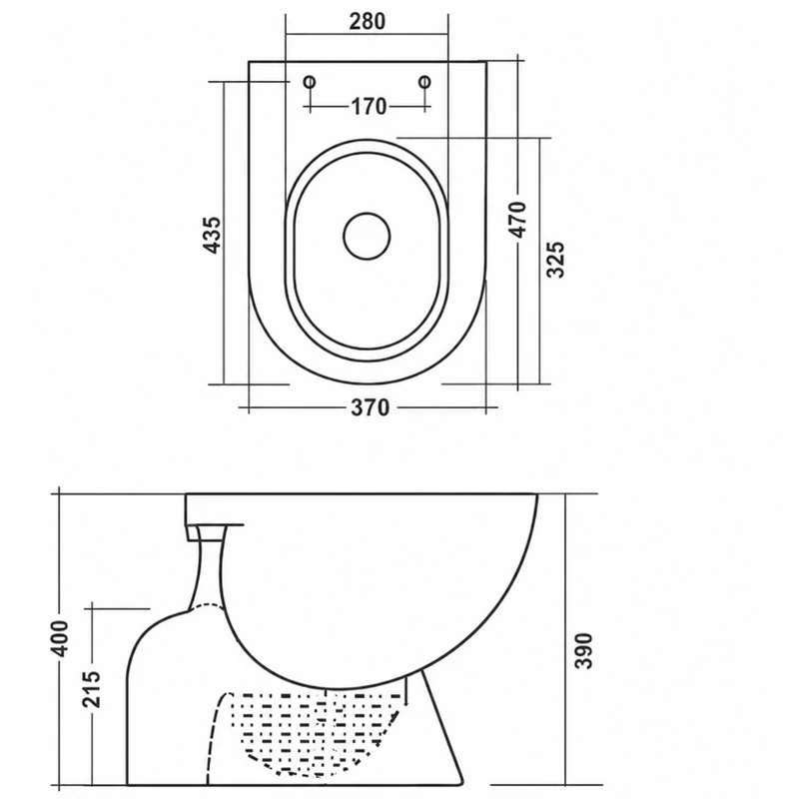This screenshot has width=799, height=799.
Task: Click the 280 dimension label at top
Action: pos(367,21)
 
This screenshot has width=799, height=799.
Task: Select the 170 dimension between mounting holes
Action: pos(369,107)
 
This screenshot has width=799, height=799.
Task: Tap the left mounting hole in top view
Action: pos(310,82)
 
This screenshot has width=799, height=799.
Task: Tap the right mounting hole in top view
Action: pos(424,82)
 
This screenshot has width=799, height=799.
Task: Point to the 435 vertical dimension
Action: pos(212,235)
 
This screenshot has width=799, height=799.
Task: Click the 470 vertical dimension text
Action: pos(518,220)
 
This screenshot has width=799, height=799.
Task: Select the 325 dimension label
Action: pos(555,260)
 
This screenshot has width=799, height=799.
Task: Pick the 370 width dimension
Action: pos(371,407)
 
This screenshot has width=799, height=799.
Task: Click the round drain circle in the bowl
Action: pos(367,236)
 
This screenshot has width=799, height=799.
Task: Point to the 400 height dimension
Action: pos(60,639)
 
